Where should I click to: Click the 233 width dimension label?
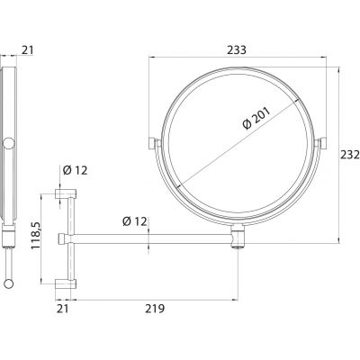(237, 50)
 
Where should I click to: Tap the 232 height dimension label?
(350, 155)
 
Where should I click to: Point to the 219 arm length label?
(155, 309)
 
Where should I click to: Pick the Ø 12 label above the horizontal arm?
(135, 221)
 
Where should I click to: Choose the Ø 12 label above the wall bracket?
(75, 170)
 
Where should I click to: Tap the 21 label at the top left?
(27, 50)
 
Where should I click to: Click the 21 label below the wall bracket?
(63, 309)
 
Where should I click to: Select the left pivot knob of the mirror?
(152, 143)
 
